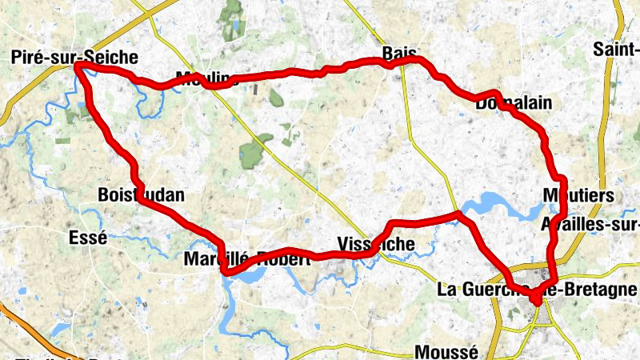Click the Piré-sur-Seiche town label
click(x=75, y=58)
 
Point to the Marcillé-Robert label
click(x=247, y=260)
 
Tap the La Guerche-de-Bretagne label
click(x=538, y=290)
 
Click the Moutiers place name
click(x=577, y=196)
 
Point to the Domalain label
click(x=513, y=104)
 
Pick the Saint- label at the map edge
click(x=616, y=50)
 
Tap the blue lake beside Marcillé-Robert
click(x=250, y=276)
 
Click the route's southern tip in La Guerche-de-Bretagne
click(x=534, y=300)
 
